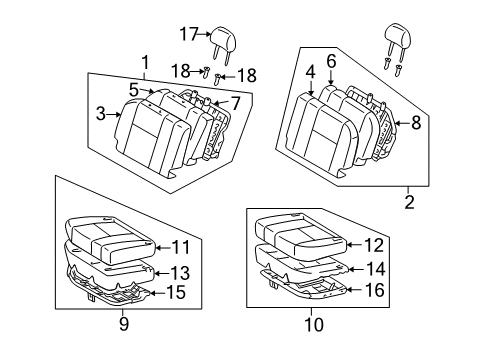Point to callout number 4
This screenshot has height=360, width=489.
(x=310, y=72)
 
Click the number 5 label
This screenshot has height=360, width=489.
(x=133, y=89)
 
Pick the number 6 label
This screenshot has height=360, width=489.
(x=330, y=61)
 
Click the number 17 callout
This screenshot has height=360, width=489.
(x=189, y=33)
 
